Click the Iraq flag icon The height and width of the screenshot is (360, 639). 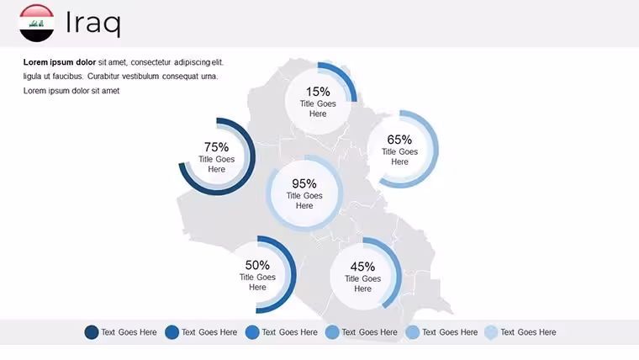37,24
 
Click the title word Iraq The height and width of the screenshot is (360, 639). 93,24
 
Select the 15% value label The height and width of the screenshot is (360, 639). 318,92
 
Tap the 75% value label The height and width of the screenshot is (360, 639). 216,146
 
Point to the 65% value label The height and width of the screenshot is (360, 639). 399,140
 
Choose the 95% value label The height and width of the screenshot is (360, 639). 304,183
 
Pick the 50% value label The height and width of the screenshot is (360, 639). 257,265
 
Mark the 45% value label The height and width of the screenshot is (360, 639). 362,267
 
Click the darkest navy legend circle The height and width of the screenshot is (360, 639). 92,332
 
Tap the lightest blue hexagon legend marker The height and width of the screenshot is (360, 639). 491,332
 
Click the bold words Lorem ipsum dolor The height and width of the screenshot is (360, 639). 60,62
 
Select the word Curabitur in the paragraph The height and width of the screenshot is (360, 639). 103,77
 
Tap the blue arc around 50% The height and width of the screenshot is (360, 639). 293,274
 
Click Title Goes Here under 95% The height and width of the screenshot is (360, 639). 304,200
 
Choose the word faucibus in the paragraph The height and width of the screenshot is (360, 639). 67,77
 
